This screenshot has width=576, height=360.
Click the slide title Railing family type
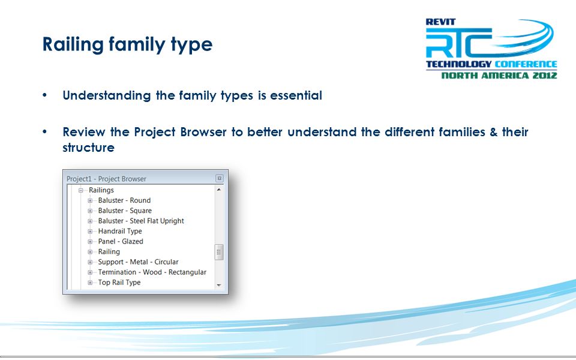point(127,44)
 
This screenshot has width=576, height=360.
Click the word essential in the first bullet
point(296,95)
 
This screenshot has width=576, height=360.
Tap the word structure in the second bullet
point(89,148)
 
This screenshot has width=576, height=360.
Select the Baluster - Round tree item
point(124,200)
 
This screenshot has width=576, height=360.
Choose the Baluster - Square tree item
point(125,211)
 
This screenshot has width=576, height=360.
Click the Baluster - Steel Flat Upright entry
point(141,221)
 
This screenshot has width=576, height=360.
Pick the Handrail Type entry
point(120,231)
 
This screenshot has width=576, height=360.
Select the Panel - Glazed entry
point(121,241)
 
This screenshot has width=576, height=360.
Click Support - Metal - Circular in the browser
point(138,262)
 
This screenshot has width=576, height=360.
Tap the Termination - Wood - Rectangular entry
point(152,272)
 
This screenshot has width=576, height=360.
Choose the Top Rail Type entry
point(119,283)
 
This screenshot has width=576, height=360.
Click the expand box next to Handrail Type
point(90,232)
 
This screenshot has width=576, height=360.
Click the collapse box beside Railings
point(81,190)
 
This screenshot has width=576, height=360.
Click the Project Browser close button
point(220,179)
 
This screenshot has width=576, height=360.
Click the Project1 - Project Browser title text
point(106,179)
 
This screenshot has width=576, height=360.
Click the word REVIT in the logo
point(441,22)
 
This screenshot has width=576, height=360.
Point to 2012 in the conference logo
point(545,76)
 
